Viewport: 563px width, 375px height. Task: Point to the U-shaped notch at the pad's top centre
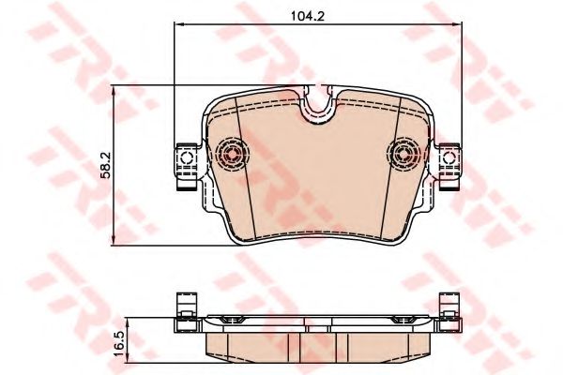pos(320,107)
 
